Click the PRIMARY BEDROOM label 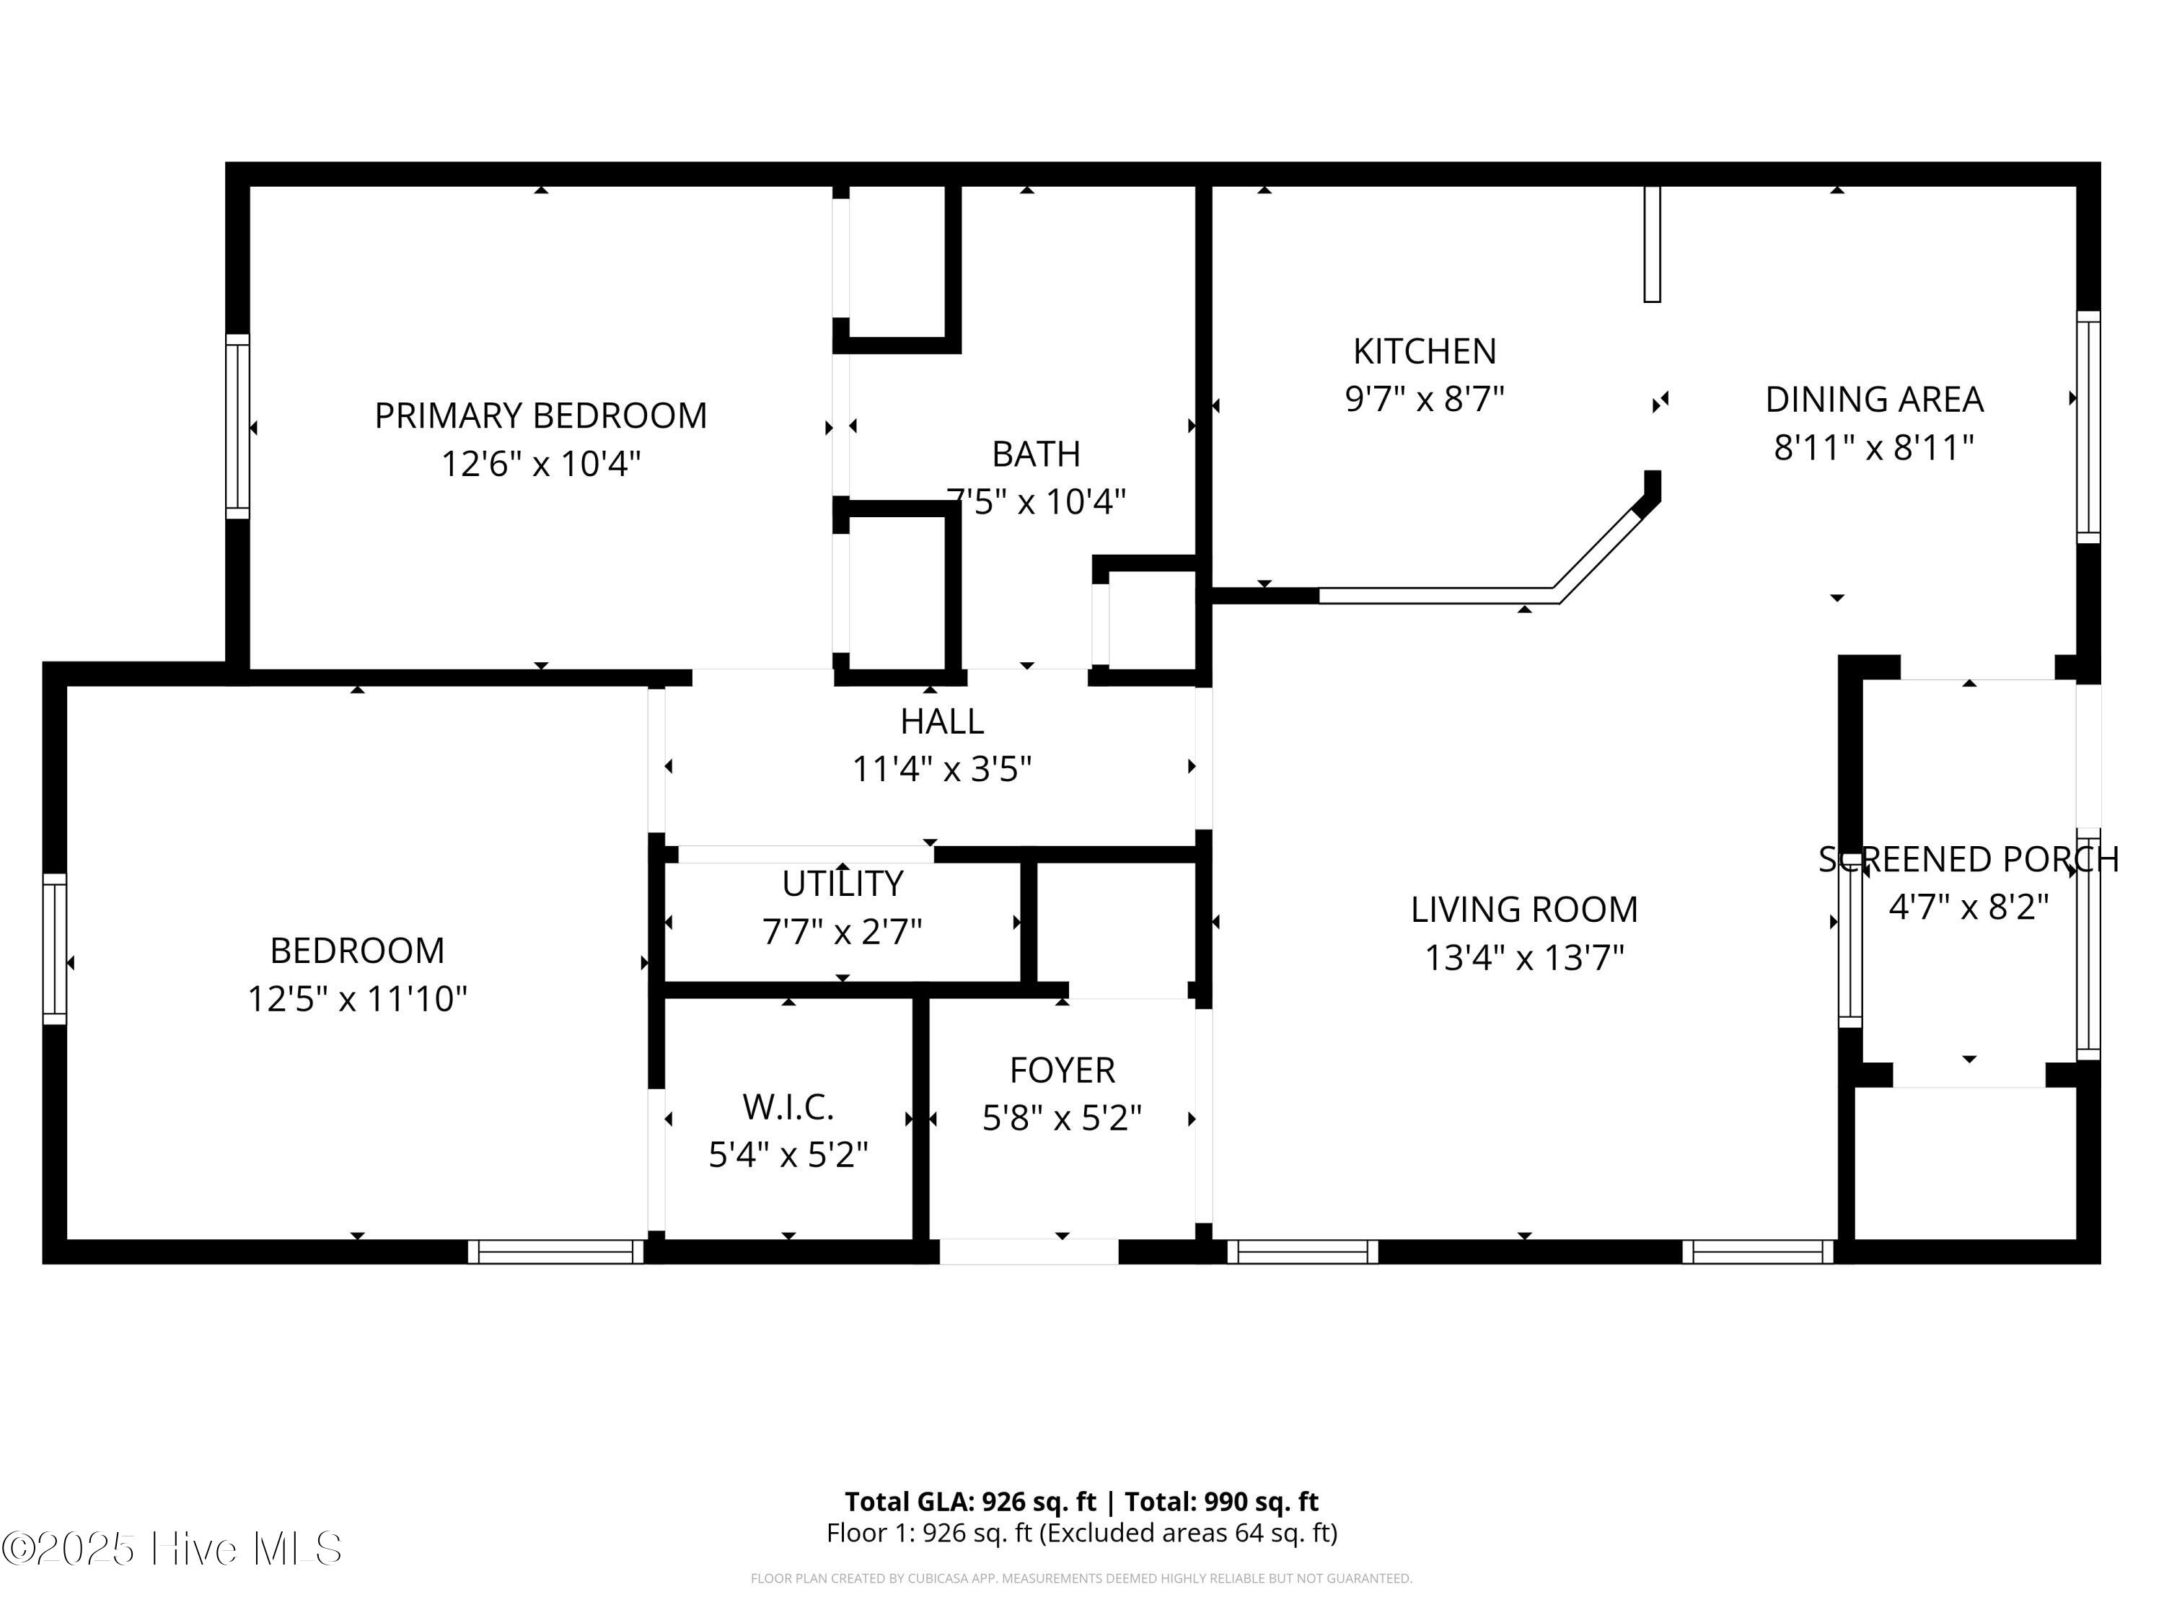point(540,415)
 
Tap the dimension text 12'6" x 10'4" point(540,464)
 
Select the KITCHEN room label point(1425,351)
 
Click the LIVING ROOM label point(1523,910)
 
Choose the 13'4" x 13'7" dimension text point(1523,958)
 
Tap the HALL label point(941,722)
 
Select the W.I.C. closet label point(788,1107)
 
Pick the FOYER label point(1062,1070)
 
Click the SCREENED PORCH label point(1969,860)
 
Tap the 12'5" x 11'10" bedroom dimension point(357,999)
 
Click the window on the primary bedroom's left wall point(238,426)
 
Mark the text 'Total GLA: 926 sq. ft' point(970,1502)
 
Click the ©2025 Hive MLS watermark point(172,1549)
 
